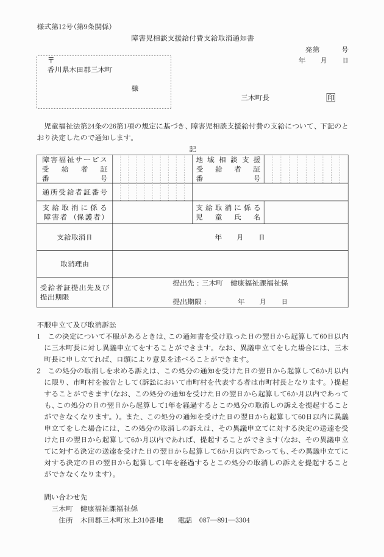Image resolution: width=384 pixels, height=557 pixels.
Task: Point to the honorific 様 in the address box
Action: tap(135, 88)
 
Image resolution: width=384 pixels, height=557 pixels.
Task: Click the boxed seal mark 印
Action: tap(331, 97)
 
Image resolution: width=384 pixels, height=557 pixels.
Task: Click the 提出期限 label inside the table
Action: tap(190, 301)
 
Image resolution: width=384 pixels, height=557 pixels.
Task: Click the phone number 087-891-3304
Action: tap(224, 520)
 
